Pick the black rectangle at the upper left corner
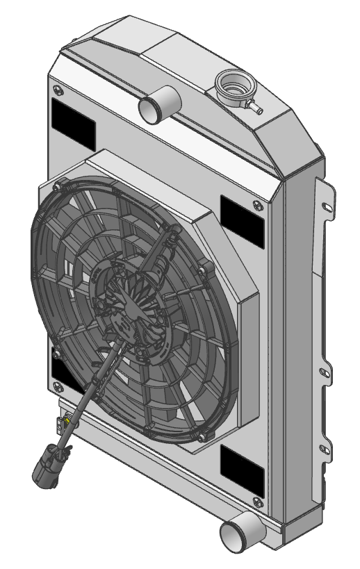click(x=73, y=125)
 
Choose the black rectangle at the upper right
click(x=243, y=222)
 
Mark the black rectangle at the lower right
click(x=242, y=470)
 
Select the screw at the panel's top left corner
click(x=56, y=89)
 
